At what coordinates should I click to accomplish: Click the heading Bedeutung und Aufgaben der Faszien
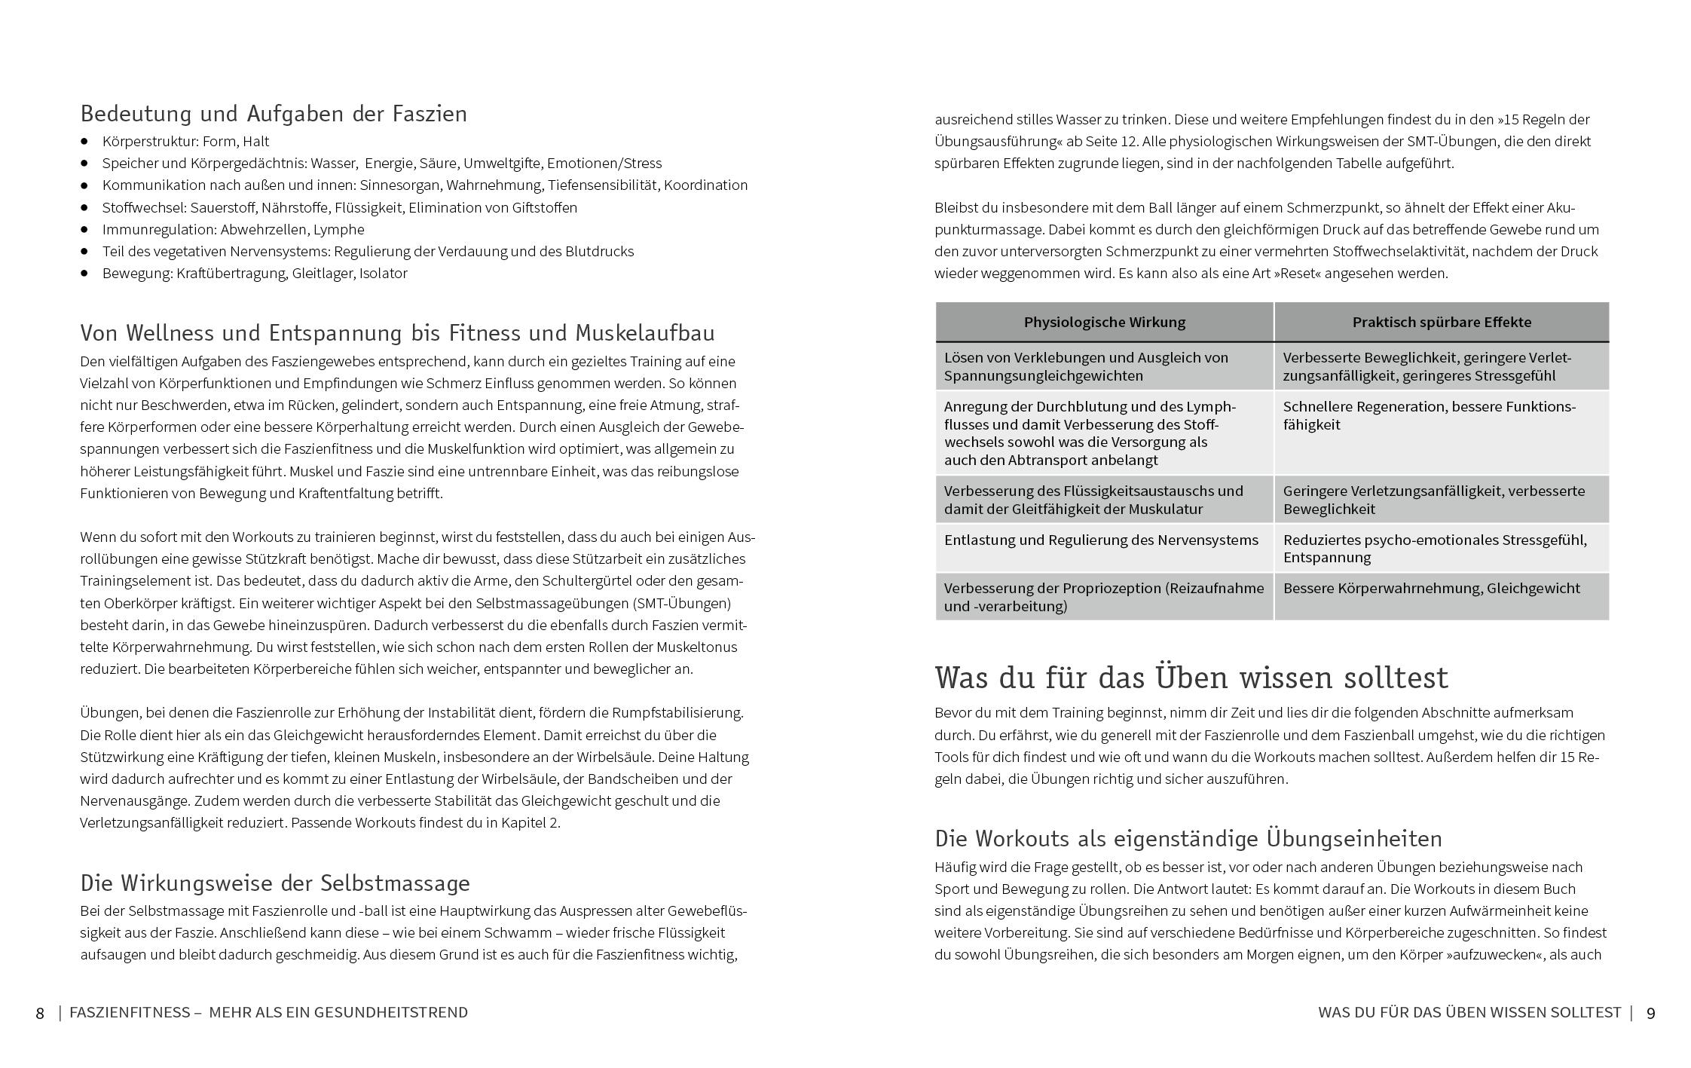[x=274, y=114]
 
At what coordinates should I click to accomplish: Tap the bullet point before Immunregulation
[x=85, y=230]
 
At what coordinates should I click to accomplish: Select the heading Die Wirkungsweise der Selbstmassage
[x=275, y=883]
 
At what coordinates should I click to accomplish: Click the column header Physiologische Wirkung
[x=1104, y=323]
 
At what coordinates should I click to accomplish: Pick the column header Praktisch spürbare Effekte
[x=1441, y=323]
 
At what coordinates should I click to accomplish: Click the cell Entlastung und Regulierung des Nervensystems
[x=1100, y=540]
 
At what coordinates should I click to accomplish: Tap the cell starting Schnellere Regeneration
[x=1428, y=416]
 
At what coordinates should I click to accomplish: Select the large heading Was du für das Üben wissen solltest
[x=1191, y=678]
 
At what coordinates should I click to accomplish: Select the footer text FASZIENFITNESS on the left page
[x=130, y=1013]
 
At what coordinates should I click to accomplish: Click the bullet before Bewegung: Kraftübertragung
[x=85, y=274]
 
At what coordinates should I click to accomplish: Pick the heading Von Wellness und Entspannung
[x=397, y=333]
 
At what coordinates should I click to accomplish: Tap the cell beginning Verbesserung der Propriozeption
[x=1103, y=598]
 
